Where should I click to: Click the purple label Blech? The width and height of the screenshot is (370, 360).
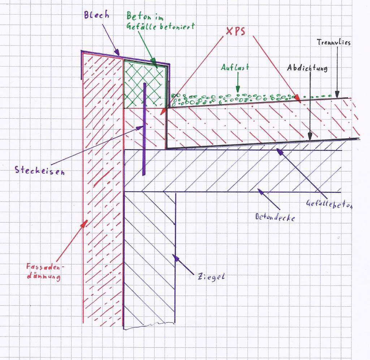coord(96,15)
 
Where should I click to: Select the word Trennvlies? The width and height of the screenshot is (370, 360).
coord(334,42)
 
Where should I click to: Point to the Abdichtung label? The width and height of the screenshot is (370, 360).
coord(307,68)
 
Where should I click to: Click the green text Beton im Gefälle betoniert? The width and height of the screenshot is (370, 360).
coord(160,21)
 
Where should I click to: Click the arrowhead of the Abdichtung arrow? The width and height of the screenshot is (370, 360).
coord(310,137)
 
